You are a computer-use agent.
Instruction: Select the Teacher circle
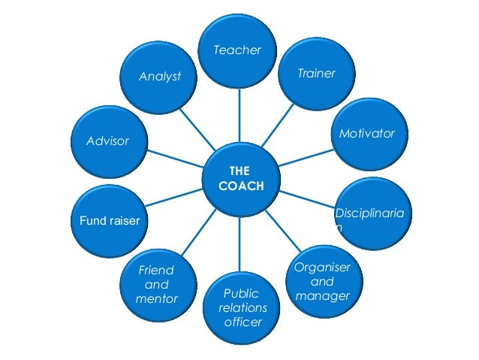point(238,50)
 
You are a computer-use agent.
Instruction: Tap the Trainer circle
point(316,74)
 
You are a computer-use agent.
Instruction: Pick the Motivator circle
point(367,133)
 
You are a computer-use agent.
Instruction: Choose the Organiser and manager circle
point(322,282)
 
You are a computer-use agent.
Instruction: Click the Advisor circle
point(108,141)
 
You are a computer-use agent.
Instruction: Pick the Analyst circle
point(160,77)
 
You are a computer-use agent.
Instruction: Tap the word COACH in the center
point(240,186)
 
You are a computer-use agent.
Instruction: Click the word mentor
point(156,299)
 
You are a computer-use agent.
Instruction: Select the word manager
point(322,296)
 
